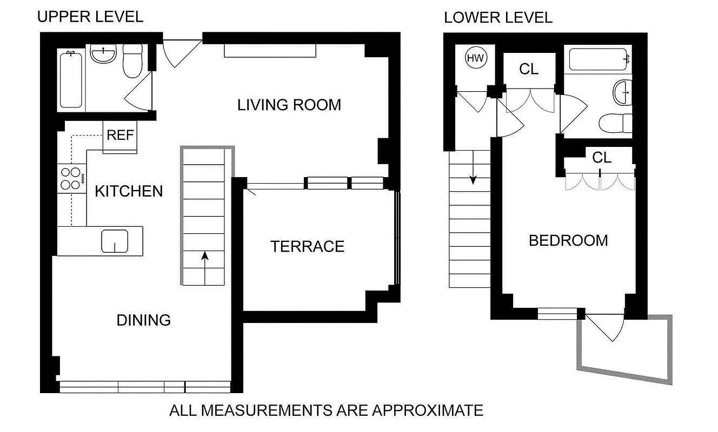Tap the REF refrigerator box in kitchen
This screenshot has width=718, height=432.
click(120, 135)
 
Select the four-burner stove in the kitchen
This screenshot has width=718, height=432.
click(71, 179)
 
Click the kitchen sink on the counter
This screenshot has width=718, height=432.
click(115, 241)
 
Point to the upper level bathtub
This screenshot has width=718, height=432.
click(71, 79)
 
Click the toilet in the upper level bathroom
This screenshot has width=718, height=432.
click(132, 61)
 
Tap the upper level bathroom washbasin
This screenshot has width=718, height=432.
click(103, 55)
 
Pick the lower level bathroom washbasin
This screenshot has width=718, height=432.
click(623, 92)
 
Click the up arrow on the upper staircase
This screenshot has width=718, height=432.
click(205, 260)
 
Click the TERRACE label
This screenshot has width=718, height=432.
click(307, 247)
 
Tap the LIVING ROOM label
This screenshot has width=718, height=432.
click(289, 105)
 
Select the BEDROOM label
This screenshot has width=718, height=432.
click(568, 240)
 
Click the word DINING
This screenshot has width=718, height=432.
click(143, 320)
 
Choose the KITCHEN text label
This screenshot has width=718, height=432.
click(129, 191)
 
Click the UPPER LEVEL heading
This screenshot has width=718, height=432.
click(90, 17)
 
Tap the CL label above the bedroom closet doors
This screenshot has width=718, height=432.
click(601, 158)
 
